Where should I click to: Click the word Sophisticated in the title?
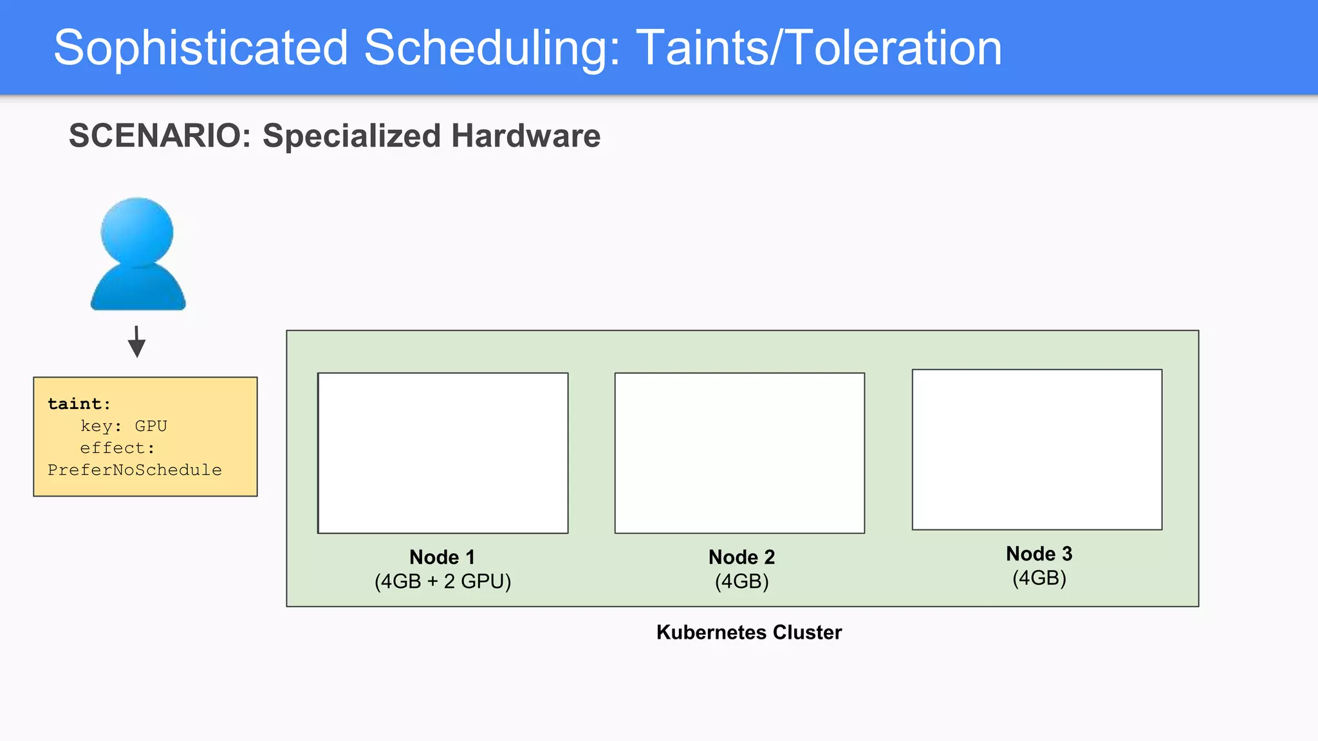(x=201, y=48)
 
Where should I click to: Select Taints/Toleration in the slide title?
(x=819, y=48)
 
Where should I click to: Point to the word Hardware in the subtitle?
(x=526, y=136)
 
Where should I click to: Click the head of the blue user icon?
(x=137, y=231)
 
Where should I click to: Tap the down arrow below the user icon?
(x=136, y=342)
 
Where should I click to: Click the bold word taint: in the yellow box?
(x=79, y=404)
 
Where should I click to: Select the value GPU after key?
(x=151, y=426)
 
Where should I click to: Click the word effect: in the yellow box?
(x=117, y=448)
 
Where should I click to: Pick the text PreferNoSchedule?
(x=135, y=470)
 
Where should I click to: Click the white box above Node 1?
(x=443, y=453)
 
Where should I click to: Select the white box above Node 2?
(x=739, y=453)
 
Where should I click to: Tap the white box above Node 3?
(x=1037, y=450)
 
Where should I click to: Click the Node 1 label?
(x=442, y=557)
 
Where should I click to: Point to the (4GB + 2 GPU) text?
(x=443, y=581)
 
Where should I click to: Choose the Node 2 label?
(x=741, y=557)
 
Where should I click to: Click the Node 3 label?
(x=1039, y=554)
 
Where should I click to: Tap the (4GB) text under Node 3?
(x=1039, y=578)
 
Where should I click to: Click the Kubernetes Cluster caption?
(x=749, y=632)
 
